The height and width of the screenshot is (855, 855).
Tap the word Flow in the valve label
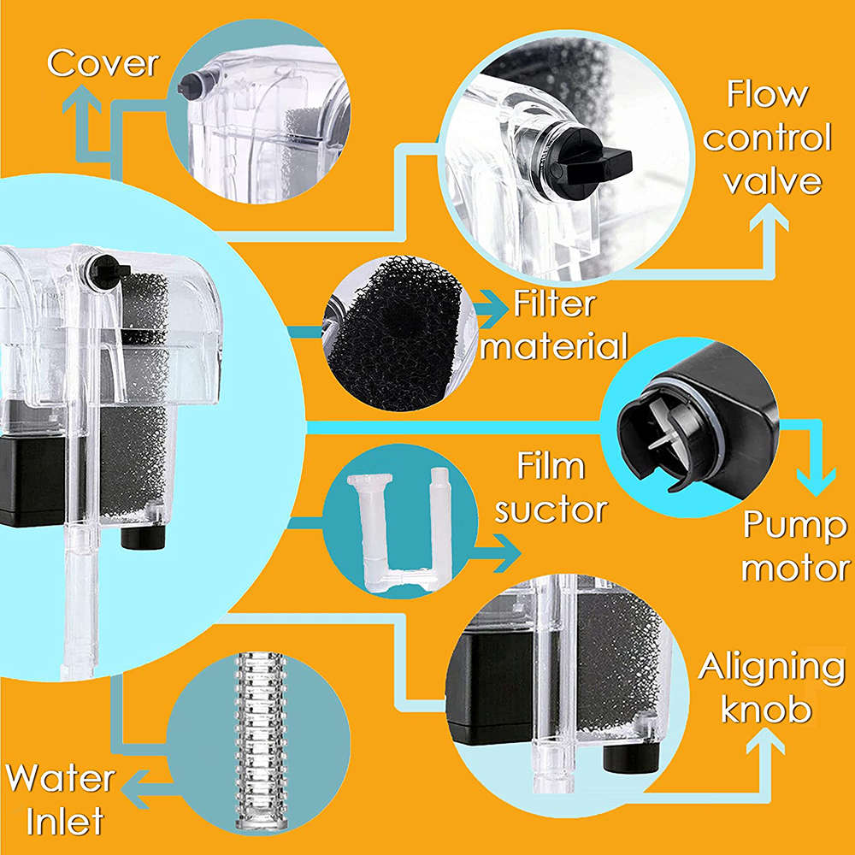point(767,95)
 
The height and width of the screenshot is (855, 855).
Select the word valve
point(772,181)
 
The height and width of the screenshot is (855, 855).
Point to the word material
point(560,347)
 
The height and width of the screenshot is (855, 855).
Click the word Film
point(551,467)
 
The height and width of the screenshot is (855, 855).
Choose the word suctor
point(551,510)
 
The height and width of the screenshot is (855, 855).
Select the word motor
point(794,568)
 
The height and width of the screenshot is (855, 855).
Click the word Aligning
point(771,667)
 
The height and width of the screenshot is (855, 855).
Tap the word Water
point(60,779)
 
